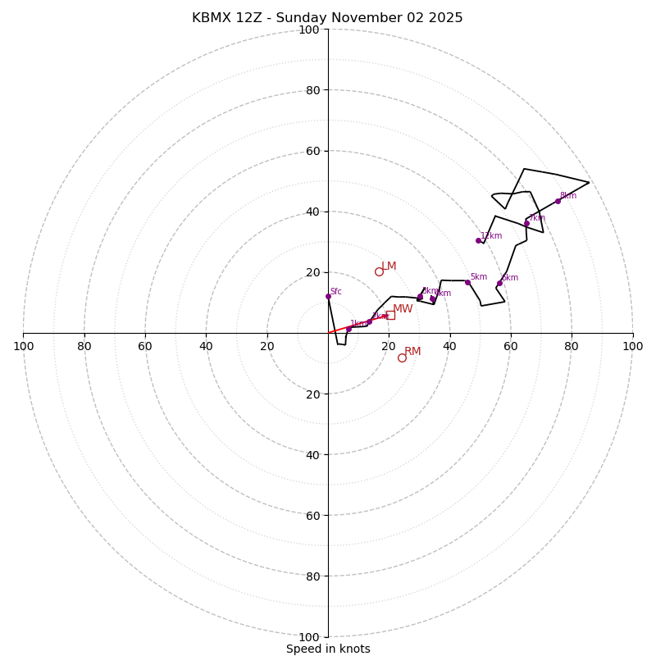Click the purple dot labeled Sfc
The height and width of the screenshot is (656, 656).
328,296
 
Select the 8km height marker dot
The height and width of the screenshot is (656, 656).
558,201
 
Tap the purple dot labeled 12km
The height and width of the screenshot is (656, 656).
478,240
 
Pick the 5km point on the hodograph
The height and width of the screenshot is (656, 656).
467,282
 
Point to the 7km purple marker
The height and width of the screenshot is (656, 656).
526,223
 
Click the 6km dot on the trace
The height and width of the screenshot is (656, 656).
499,283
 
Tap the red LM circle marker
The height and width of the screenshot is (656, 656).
379,271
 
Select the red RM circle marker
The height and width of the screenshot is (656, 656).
402,358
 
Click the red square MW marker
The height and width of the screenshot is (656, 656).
390,315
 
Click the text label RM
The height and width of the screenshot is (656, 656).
412,351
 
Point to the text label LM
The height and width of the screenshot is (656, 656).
389,266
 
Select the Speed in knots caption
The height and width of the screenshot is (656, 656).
328,649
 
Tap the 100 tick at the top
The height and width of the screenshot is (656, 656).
309,30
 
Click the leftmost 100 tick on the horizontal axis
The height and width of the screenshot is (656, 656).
23,346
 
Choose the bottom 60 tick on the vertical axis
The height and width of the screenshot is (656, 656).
309,515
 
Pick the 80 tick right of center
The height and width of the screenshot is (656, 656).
572,346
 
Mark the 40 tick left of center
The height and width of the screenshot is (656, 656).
206,346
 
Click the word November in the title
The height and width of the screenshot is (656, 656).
361,18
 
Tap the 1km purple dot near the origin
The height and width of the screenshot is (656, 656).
348,329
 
